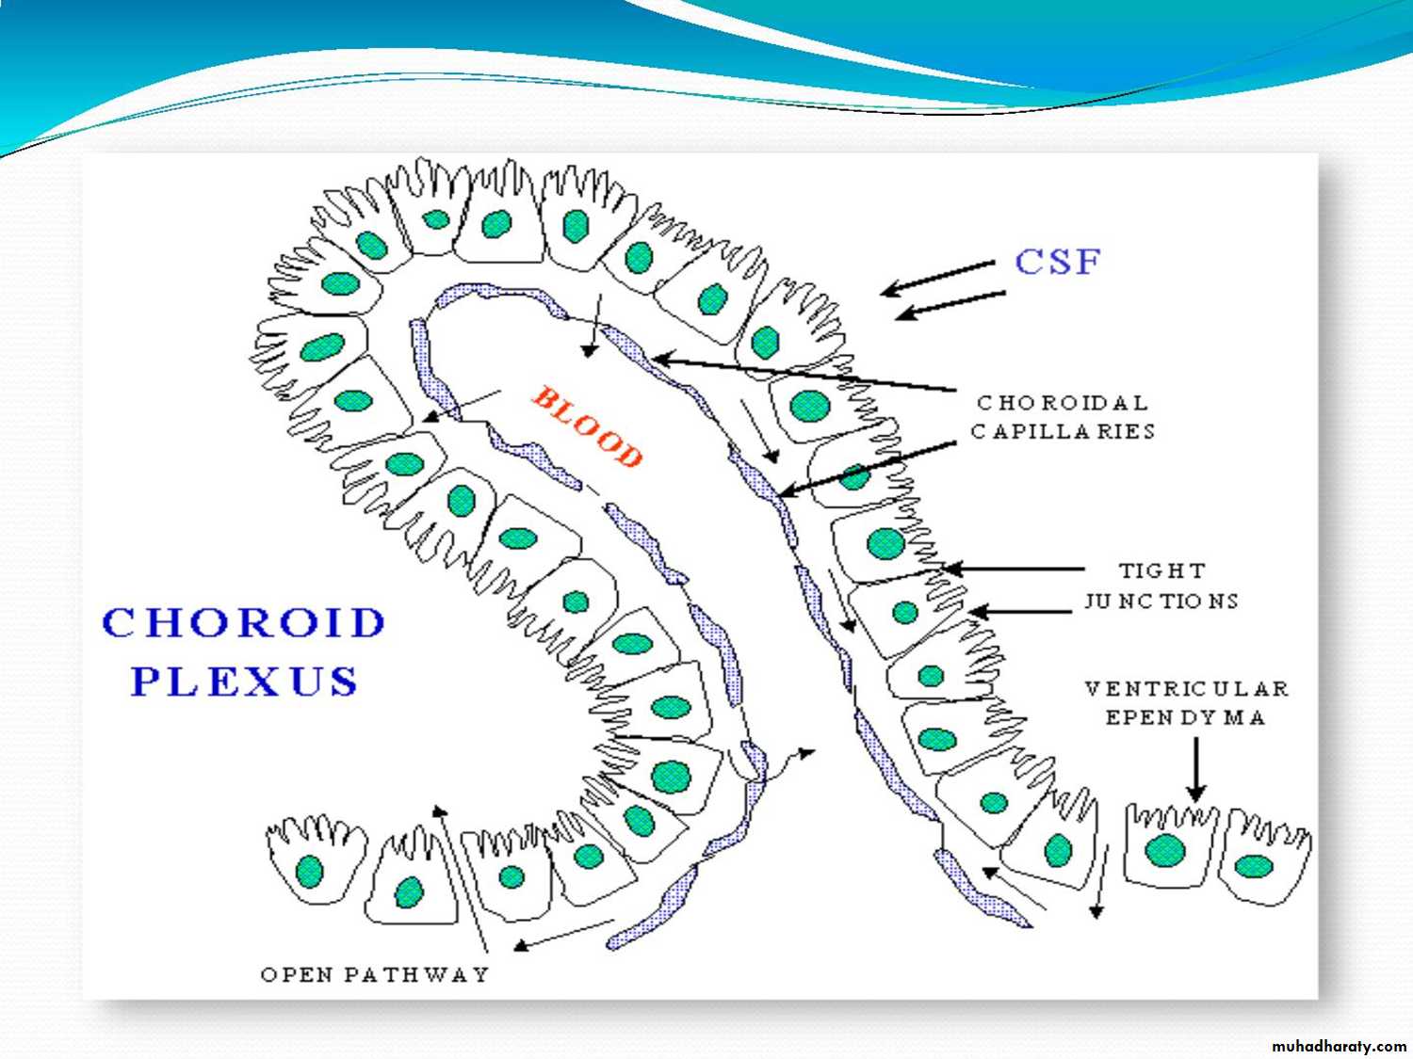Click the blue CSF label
pyautogui.click(x=1057, y=262)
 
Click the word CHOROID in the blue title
pyautogui.click(x=244, y=623)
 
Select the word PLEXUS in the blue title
pyautogui.click(x=244, y=681)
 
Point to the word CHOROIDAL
pyautogui.click(x=1063, y=403)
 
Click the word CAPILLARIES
pyautogui.click(x=1063, y=431)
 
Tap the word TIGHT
pyautogui.click(x=1161, y=570)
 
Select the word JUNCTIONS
pyautogui.click(x=1161, y=601)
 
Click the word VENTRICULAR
pyautogui.click(x=1186, y=688)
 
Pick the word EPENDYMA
pyautogui.click(x=1185, y=717)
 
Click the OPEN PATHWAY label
pyautogui.click(x=375, y=974)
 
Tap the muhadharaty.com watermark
pyautogui.click(x=1339, y=1046)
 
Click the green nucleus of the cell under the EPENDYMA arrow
pyautogui.click(x=1165, y=850)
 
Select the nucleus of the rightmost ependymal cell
pyautogui.click(x=1254, y=865)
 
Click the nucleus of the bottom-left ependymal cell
pyautogui.click(x=310, y=871)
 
